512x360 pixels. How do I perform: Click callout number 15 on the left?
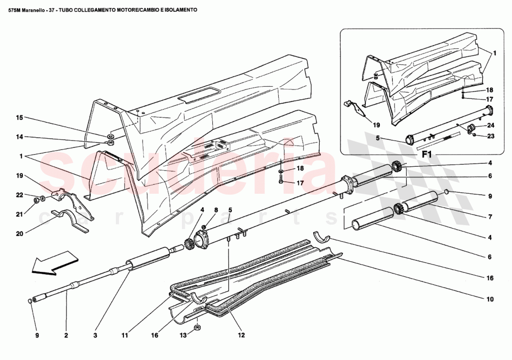(x=19, y=118)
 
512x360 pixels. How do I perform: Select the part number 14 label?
(x=19, y=137)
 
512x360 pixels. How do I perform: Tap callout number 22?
(x=19, y=195)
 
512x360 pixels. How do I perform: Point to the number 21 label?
(x=19, y=214)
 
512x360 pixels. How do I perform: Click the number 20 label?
(x=19, y=234)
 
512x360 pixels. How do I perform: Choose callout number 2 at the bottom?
(x=66, y=335)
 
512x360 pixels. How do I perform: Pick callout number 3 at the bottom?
(x=95, y=335)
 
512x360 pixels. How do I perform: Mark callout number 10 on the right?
(x=490, y=299)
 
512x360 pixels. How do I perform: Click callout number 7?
(x=490, y=217)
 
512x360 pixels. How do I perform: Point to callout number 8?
(x=216, y=210)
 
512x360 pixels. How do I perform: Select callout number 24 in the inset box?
(x=491, y=125)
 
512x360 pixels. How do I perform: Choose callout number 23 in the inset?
(x=491, y=136)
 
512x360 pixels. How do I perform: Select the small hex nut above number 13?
(x=197, y=326)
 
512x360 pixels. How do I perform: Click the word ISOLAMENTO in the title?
(x=175, y=9)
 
